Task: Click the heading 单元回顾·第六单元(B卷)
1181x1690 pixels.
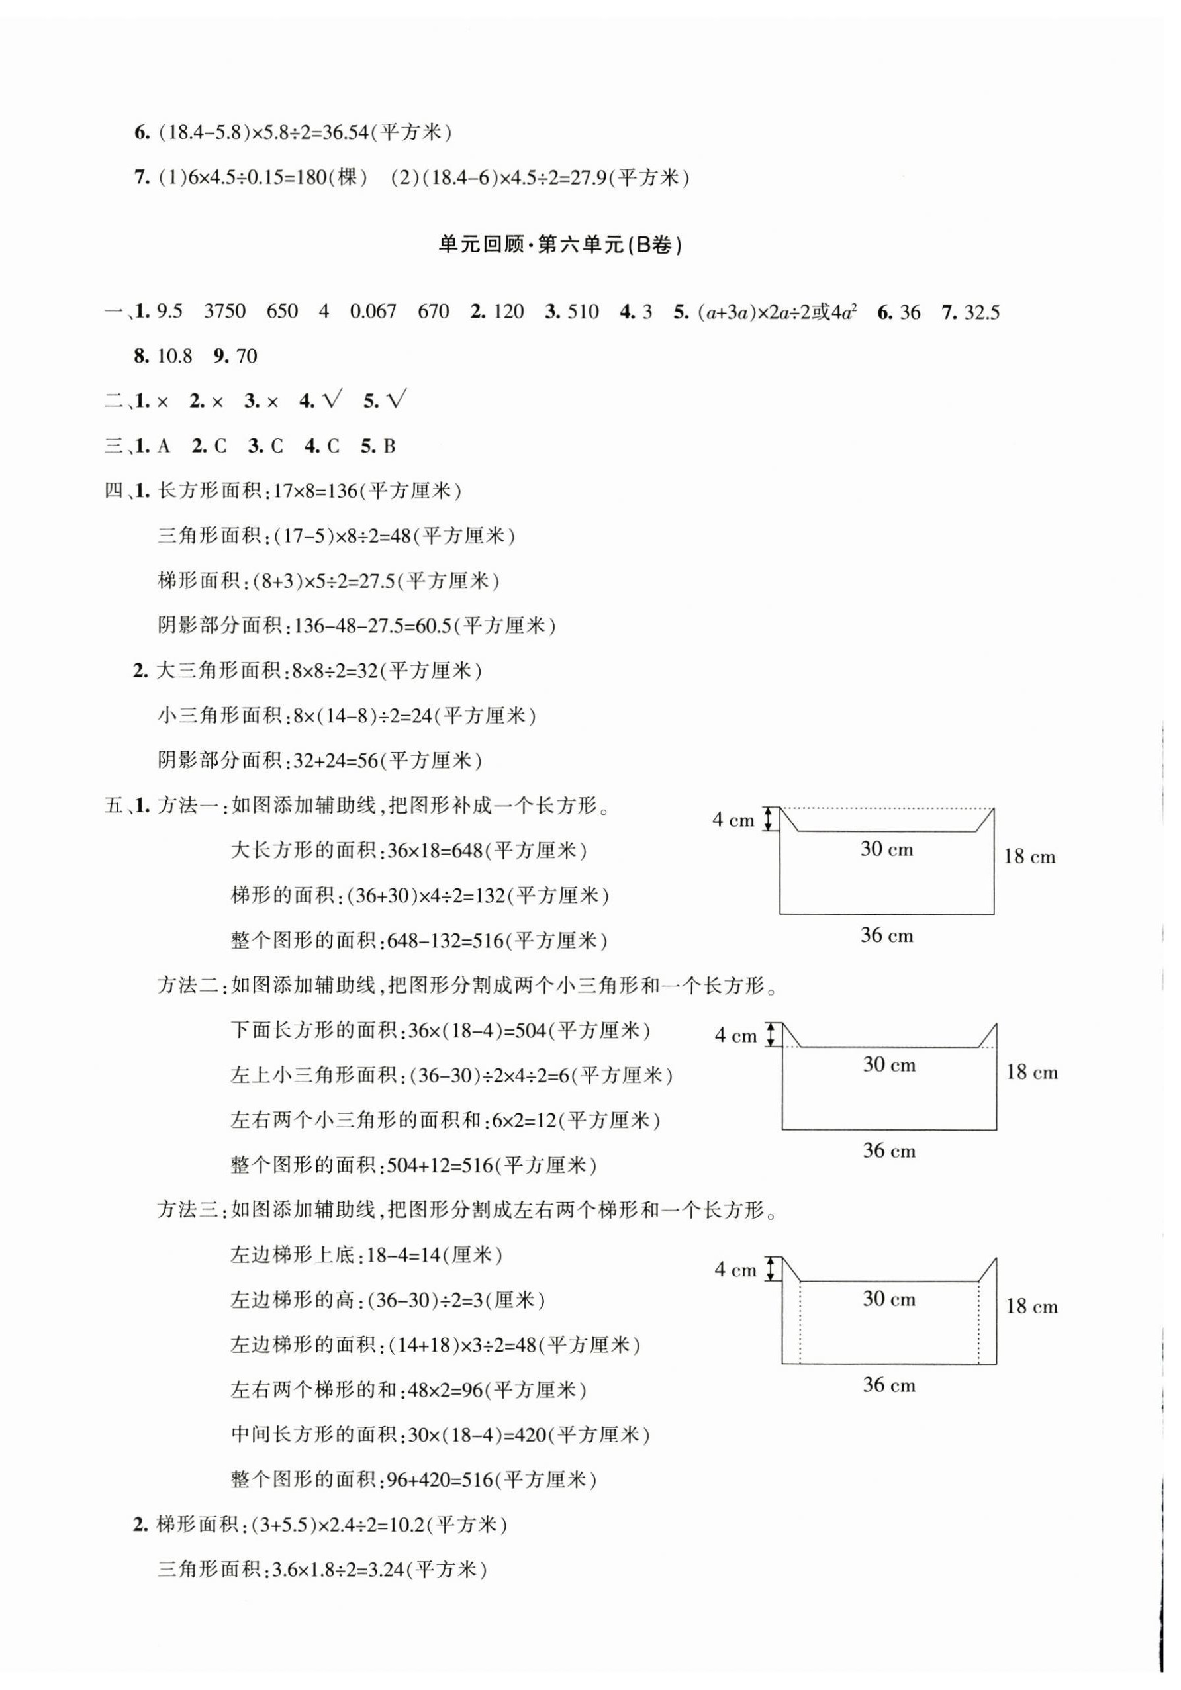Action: (559, 245)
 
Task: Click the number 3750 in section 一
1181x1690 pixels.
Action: (224, 311)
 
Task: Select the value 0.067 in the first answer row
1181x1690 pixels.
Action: (373, 311)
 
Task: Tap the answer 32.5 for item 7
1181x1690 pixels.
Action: (982, 312)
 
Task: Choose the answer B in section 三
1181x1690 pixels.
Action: (389, 446)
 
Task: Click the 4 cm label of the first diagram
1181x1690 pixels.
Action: (733, 820)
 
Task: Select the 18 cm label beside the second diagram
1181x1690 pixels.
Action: (1031, 1072)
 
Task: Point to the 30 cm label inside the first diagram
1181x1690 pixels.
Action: (886, 849)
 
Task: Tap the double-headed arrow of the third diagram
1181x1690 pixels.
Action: (771, 1269)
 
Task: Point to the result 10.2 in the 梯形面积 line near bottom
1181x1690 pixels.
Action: (406, 1525)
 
